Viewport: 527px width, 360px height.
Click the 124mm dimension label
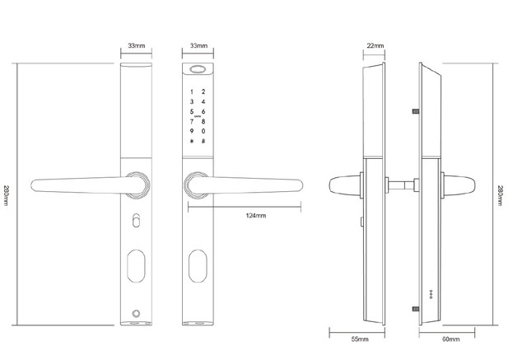(255, 215)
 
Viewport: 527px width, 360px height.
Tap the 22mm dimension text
(375, 46)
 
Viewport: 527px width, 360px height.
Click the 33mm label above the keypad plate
(198, 46)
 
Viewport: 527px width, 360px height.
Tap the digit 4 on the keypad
(203, 101)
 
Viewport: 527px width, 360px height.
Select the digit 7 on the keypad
(192, 122)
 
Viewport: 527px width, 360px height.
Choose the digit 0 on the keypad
(203, 132)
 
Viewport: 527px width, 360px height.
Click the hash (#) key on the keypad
(203, 143)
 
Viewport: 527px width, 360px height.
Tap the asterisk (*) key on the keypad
(192, 143)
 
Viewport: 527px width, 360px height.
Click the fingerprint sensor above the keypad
(198, 71)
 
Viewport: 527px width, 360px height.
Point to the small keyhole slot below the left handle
(136, 222)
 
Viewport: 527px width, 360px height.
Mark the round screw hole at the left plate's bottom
(136, 316)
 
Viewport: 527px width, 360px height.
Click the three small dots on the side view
(429, 294)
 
